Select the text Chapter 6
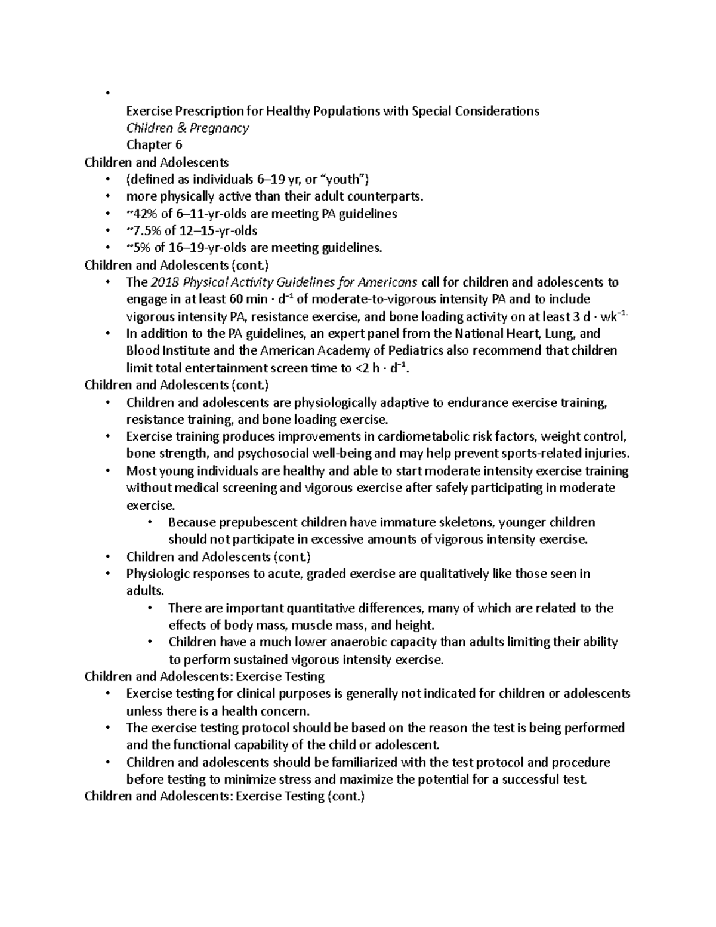[x=154, y=145]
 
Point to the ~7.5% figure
[x=142, y=231]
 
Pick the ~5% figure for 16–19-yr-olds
[x=137, y=248]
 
